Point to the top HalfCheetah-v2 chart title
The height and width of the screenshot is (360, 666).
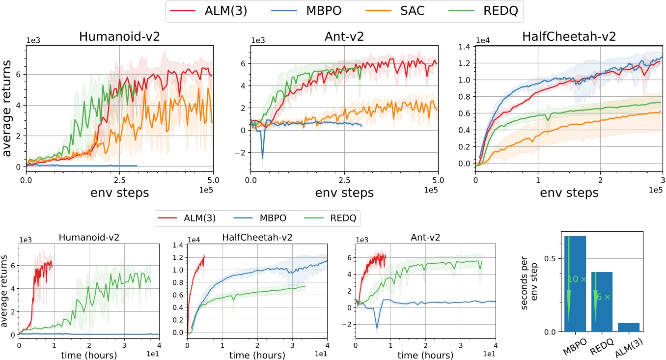point(569,36)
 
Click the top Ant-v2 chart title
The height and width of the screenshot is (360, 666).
point(345,36)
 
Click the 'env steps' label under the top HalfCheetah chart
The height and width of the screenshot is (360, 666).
point(569,193)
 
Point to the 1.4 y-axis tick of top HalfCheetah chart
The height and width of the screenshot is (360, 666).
point(463,46)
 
